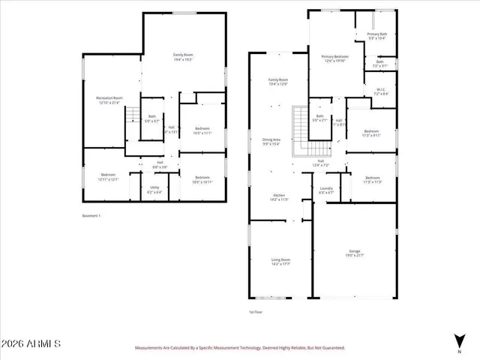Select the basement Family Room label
point(181,55)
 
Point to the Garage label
point(355,253)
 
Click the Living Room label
point(280,261)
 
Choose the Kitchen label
point(279,197)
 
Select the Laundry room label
point(326,189)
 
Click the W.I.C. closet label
point(380,91)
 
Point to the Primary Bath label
point(377,35)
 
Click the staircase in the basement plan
point(133,115)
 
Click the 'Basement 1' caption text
point(91,215)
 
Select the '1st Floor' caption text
point(256,311)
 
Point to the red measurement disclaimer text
point(239,348)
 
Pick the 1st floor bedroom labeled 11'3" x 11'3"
point(372,179)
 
